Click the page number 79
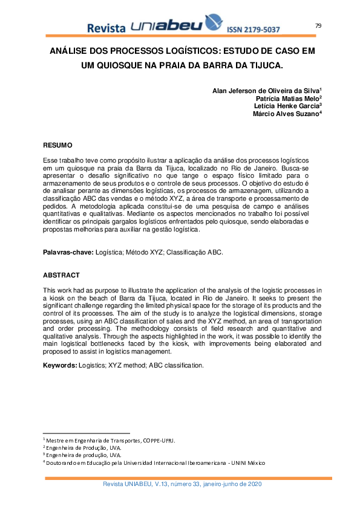click(318, 25)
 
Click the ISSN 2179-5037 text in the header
click(253, 29)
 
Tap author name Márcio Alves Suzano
click(286, 114)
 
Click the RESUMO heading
click(57, 145)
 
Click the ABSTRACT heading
click(61, 275)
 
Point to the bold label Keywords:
click(60, 366)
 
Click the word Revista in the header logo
click(106, 28)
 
